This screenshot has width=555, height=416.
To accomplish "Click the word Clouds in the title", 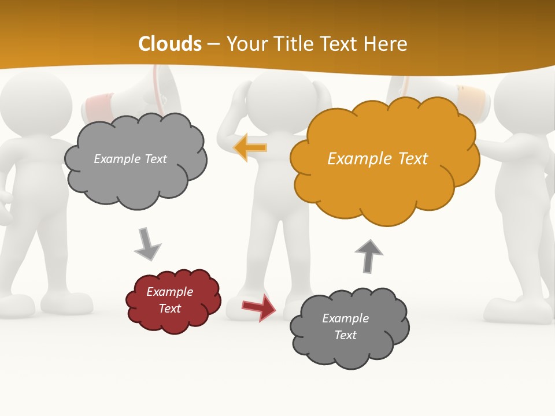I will pos(170,44).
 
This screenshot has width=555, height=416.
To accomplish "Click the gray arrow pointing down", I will pos(147,244).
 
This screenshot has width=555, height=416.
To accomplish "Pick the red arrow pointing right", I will pos(259,307).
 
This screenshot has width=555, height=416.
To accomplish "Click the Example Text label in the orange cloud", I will pos(378,159).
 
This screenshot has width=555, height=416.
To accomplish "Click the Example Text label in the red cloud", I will pos(170,300).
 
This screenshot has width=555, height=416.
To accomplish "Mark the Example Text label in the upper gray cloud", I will pos(130,159).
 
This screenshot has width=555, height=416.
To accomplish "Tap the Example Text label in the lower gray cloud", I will pos(345,326).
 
